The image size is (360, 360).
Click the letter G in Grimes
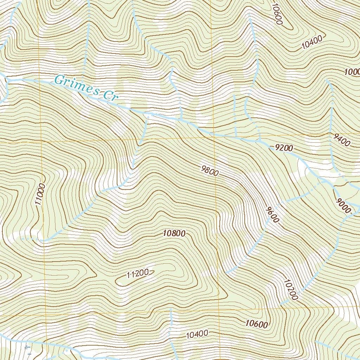pos(59,81)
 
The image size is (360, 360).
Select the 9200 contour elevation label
pos(284,148)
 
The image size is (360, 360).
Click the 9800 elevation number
pos(210,171)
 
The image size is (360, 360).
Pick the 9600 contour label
pos(272,214)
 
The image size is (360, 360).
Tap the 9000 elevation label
pos(343,206)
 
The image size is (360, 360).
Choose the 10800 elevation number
pos(174,233)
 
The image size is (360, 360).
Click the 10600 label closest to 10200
pos(257,324)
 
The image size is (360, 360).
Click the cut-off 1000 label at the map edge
pos(352,72)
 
